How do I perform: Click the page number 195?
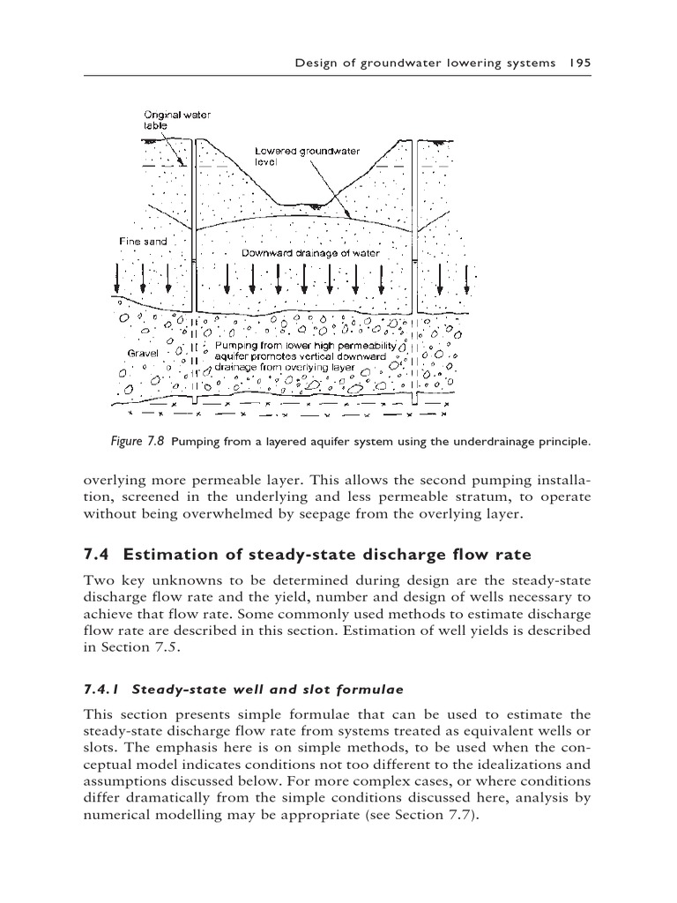click(578, 63)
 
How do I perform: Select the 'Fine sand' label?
click(143, 241)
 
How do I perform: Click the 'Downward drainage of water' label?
click(310, 253)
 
